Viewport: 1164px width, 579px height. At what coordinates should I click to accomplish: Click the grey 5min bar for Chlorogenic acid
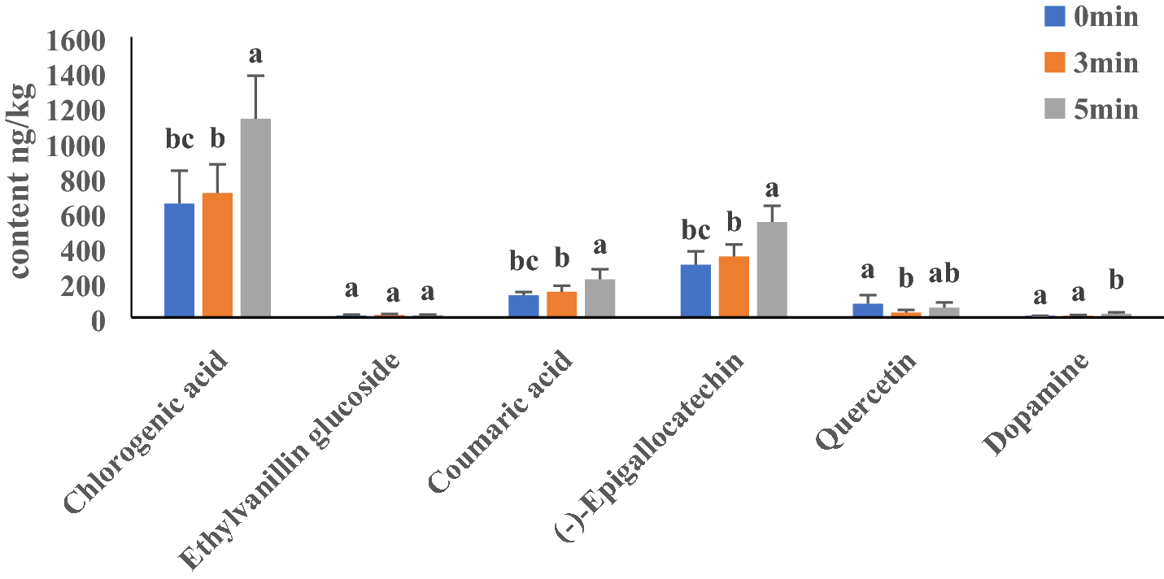click(x=255, y=218)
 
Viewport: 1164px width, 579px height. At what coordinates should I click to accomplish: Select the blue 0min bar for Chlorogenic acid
click(x=179, y=260)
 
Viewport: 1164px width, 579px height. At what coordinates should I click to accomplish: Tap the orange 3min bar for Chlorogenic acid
click(x=217, y=255)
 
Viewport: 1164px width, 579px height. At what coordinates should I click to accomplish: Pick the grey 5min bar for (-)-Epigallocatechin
click(x=772, y=268)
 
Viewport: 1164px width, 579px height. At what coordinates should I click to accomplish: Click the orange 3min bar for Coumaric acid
click(x=561, y=304)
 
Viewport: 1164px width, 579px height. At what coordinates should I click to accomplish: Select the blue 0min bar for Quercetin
click(x=868, y=310)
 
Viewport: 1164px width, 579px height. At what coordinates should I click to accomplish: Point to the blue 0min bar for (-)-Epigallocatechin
click(x=695, y=290)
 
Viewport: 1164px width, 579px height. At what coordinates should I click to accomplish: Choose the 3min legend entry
click(x=1090, y=63)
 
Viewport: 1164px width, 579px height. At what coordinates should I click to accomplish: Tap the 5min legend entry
click(x=1090, y=110)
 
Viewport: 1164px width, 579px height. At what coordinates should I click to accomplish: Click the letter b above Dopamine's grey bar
click(x=1116, y=281)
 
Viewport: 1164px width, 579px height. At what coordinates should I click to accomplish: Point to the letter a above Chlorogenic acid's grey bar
click(x=255, y=55)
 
